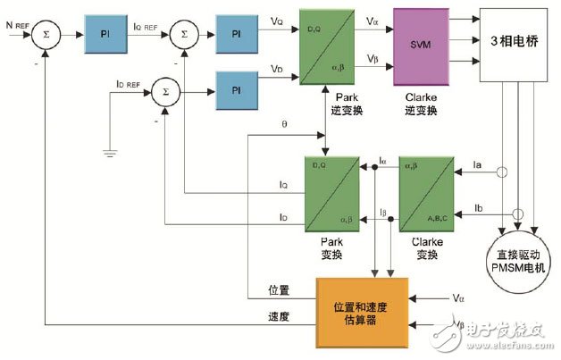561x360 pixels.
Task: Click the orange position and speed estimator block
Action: [x=362, y=303]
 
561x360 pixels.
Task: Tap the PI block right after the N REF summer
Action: [x=104, y=35]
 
